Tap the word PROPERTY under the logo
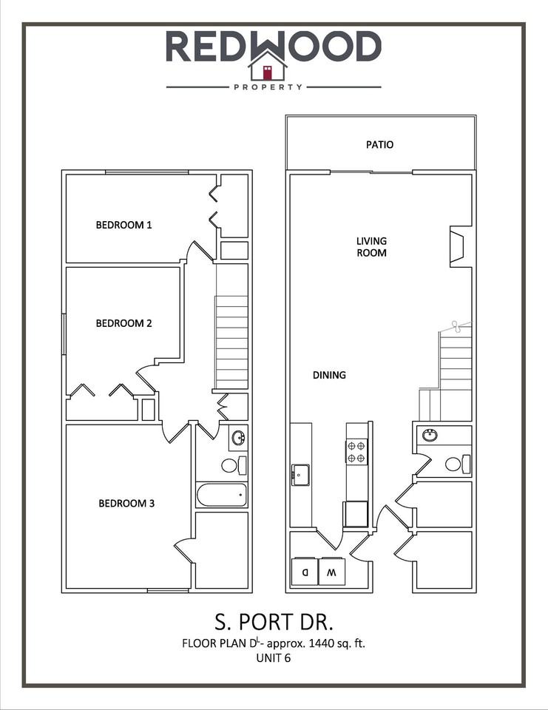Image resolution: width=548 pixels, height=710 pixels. click(268, 87)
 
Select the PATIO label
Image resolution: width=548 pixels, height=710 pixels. click(379, 145)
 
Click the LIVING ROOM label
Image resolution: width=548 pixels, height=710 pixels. click(371, 247)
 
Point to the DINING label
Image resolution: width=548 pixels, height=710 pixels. click(329, 375)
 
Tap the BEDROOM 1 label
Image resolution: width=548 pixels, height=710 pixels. click(124, 225)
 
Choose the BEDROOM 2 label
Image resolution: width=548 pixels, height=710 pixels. click(124, 323)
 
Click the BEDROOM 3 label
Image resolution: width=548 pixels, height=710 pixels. click(126, 504)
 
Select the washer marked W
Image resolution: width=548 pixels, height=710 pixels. click(333, 572)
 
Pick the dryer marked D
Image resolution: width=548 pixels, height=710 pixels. click(304, 572)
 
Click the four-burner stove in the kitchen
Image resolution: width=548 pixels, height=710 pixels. click(356, 452)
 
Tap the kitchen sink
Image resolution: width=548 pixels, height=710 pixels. click(300, 474)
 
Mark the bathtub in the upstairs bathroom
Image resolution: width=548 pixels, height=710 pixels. click(221, 495)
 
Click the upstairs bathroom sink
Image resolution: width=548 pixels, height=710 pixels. click(238, 439)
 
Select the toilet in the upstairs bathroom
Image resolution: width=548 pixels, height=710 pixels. click(232, 465)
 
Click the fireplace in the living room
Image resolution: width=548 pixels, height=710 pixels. click(456, 246)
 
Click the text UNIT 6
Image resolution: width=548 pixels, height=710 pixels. click(273, 657)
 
